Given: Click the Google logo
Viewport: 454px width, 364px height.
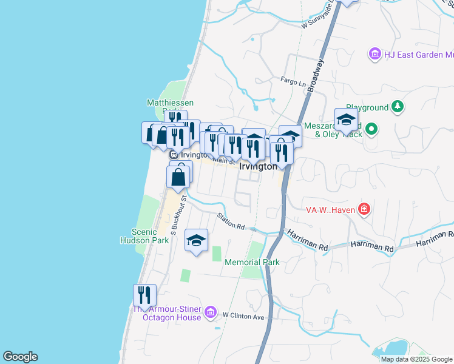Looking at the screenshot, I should pyautogui.click(x=20, y=357).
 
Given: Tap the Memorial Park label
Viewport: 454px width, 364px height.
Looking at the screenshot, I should pyautogui.click(x=252, y=263).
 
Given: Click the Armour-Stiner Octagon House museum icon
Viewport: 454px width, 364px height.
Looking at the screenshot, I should pyautogui.click(x=210, y=312).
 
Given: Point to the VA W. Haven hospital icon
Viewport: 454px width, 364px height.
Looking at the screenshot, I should pyautogui.click(x=364, y=209).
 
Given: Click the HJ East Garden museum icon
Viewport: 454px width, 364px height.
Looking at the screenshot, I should pyautogui.click(x=374, y=55).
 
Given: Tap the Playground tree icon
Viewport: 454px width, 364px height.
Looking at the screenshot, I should pyautogui.click(x=397, y=107).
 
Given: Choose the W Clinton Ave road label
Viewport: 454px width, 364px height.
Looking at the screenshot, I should pyautogui.click(x=243, y=316).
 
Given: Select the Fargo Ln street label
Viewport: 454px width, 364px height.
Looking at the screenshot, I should pyautogui.click(x=293, y=80).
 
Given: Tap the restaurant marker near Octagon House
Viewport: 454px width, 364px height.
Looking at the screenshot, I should pyautogui.click(x=144, y=295).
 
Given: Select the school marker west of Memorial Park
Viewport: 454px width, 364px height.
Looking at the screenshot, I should pyautogui.click(x=196, y=241).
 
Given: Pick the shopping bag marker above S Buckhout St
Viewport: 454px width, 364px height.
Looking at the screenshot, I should pyautogui.click(x=178, y=177).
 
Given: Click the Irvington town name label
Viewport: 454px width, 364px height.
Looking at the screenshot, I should pyautogui.click(x=258, y=166).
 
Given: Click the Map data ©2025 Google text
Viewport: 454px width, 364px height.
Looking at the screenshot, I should pyautogui.click(x=417, y=359).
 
